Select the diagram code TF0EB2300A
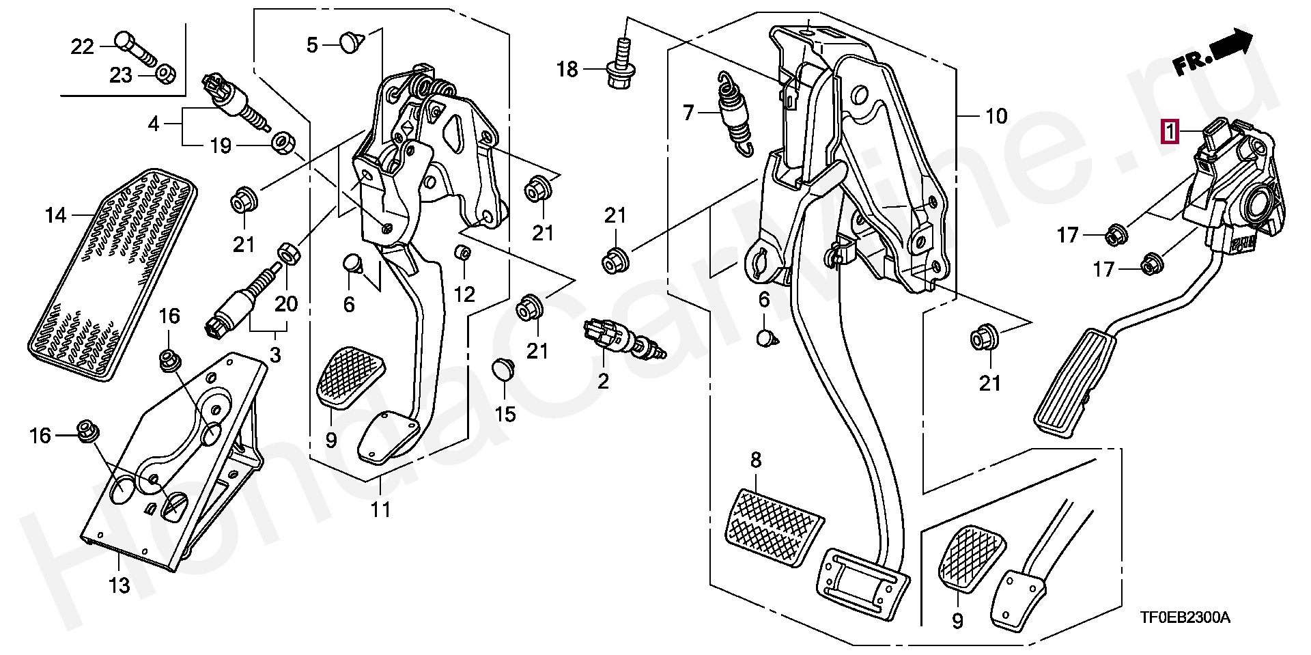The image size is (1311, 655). pyautogui.click(x=1184, y=617)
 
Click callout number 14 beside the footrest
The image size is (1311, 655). pyautogui.click(x=55, y=216)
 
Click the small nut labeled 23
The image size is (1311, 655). pyautogui.click(x=165, y=72)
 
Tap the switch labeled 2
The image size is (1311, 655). pyautogui.click(x=623, y=339)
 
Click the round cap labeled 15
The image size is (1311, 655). pyautogui.click(x=504, y=369)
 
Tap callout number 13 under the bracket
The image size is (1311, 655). pyautogui.click(x=119, y=585)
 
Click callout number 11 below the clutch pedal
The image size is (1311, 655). pyautogui.click(x=380, y=509)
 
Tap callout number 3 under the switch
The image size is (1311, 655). pyautogui.click(x=275, y=354)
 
